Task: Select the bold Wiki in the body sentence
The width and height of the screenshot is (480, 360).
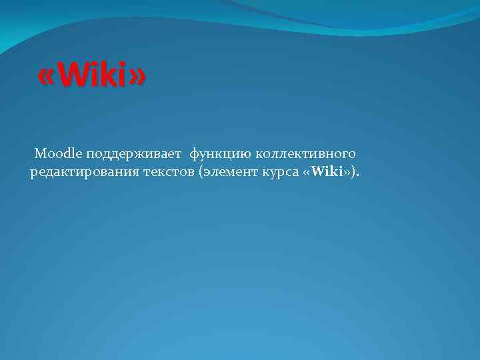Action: pyautogui.click(x=327, y=173)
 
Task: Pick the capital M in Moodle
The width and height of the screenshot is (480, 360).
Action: pyautogui.click(x=40, y=154)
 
